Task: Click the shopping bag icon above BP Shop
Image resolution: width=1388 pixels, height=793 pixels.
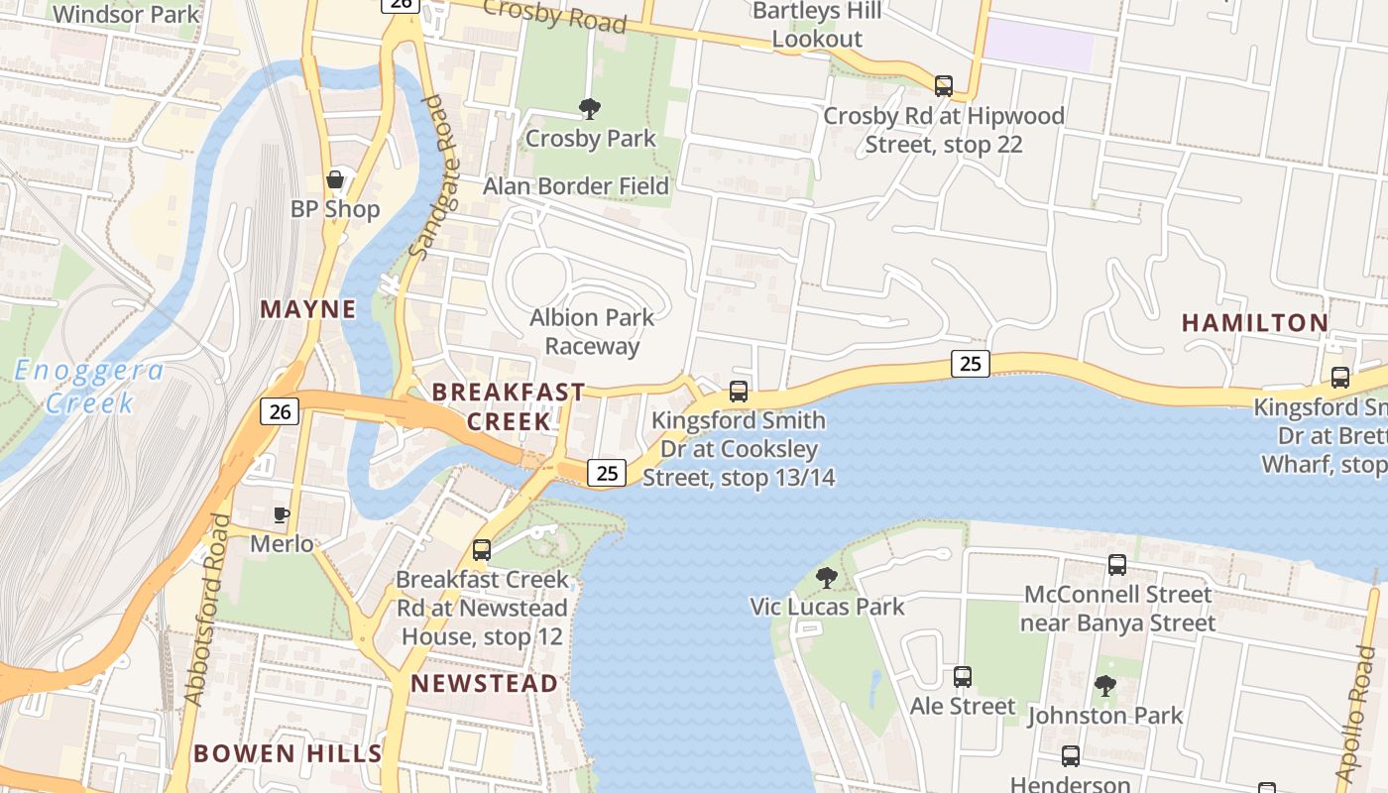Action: point(335,179)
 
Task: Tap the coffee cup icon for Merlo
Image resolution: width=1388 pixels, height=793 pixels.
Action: point(282,514)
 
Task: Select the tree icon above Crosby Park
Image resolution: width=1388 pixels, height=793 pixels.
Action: point(590,108)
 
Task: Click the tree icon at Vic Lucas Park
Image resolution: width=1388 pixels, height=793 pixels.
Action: point(826,577)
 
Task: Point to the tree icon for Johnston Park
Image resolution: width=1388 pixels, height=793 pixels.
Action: point(1104,685)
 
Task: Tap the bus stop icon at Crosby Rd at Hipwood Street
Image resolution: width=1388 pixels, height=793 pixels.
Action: point(943,86)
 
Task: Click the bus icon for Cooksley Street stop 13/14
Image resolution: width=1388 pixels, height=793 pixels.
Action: point(739,392)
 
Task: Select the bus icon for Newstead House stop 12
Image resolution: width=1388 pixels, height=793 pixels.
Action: point(482,549)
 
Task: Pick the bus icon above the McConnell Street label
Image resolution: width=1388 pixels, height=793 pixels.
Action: point(1117,565)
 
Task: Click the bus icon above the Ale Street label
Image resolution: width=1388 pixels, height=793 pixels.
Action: point(963,677)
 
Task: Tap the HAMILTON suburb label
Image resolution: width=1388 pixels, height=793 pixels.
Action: point(1255,322)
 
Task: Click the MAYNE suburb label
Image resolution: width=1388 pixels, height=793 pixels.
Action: point(307,309)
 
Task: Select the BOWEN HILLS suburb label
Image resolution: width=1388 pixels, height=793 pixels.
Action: point(288,753)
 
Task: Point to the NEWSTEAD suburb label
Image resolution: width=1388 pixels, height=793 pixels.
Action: point(485,683)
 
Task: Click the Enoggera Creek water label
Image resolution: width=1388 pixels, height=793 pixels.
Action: point(89,387)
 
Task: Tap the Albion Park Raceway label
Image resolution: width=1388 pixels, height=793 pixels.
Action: point(592,332)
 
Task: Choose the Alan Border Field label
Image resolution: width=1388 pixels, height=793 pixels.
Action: point(576,186)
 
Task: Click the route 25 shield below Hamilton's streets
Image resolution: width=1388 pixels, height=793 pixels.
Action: point(971,364)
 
